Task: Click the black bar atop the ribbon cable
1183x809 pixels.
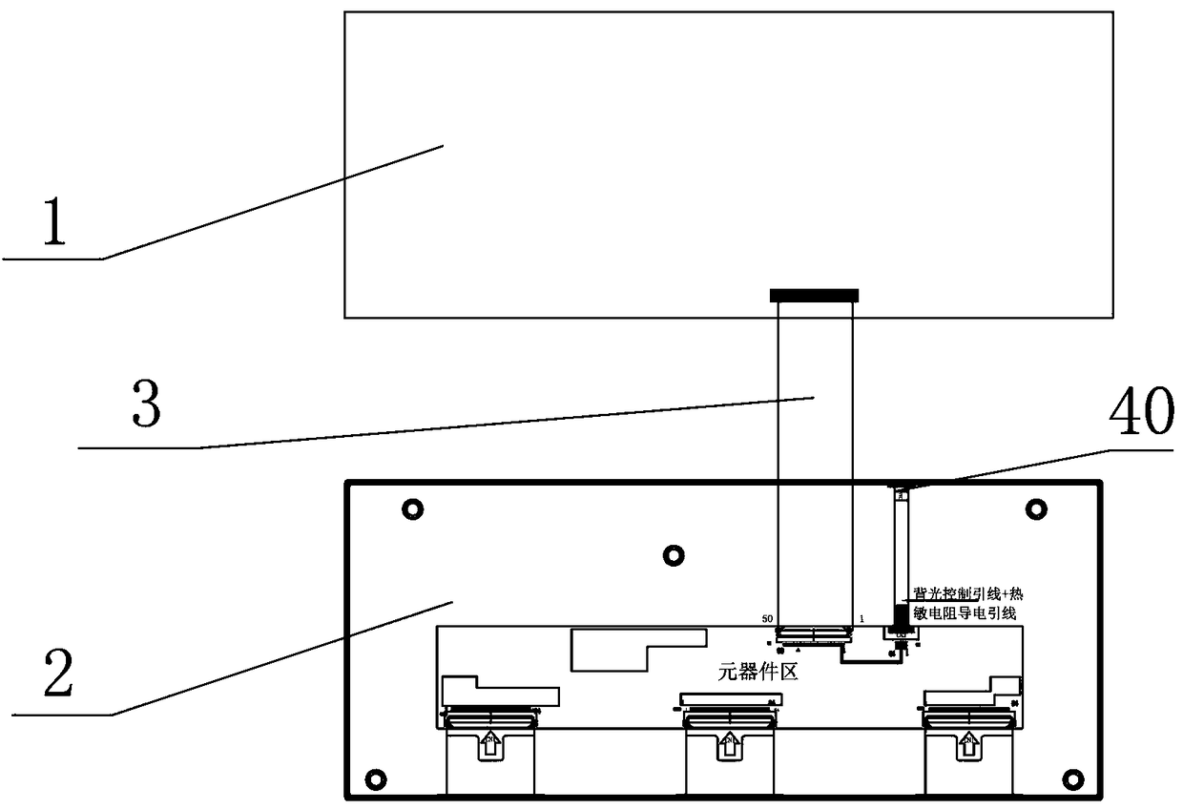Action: click(x=814, y=294)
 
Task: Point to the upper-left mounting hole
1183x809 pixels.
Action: click(x=412, y=509)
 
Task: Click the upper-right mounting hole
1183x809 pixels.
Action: click(x=1036, y=508)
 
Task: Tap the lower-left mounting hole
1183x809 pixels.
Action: click(x=374, y=777)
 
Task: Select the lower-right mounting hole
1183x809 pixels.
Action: click(x=1072, y=777)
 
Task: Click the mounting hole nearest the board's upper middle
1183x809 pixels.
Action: click(x=673, y=553)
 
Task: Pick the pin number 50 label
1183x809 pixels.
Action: click(x=767, y=619)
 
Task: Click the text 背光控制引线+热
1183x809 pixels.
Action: click(x=967, y=593)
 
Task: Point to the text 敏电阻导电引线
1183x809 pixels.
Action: click(x=964, y=614)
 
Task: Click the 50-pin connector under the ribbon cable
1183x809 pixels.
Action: click(x=814, y=633)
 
